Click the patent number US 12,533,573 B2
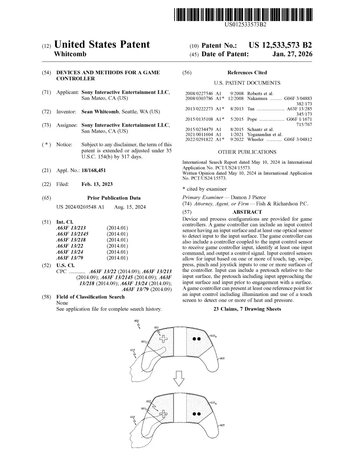pos(280,45)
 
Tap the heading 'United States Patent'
pos(102,45)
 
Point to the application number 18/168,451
pos(94,170)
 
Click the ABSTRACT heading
pos(247,212)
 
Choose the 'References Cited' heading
pos(247,72)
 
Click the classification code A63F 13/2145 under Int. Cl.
pos(73,234)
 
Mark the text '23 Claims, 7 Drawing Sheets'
pos(247,309)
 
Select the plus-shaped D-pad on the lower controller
pos(164,413)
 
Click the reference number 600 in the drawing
pos(136,321)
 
